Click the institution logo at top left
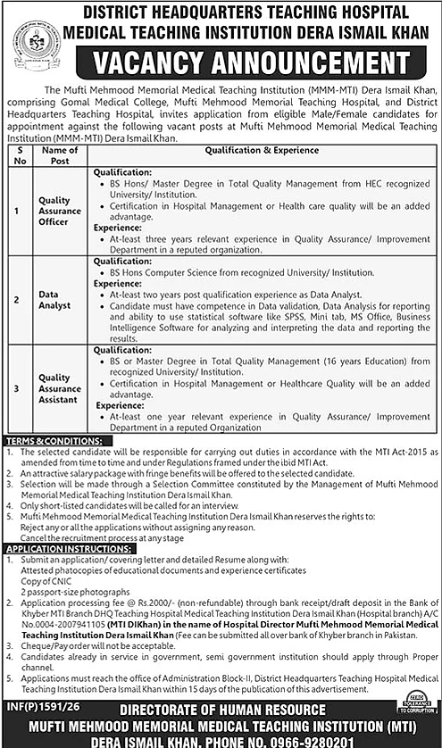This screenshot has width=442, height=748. point(33,41)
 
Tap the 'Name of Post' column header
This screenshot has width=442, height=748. point(60,155)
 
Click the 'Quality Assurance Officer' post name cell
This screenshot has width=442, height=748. point(60,210)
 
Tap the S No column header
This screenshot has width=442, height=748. point(16,155)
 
